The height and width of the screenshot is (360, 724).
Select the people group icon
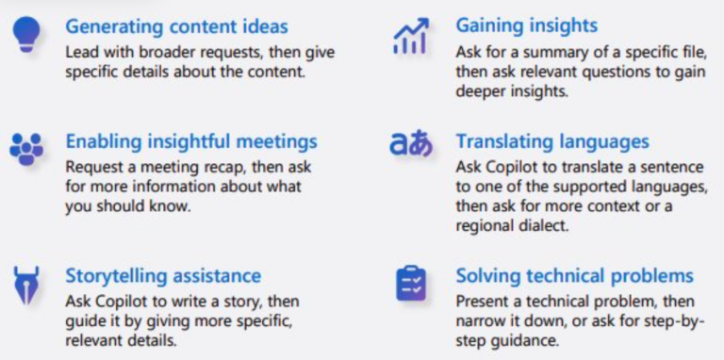click(26, 148)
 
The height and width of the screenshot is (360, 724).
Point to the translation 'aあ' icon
click(411, 144)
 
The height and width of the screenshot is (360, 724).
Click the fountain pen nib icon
click(25, 284)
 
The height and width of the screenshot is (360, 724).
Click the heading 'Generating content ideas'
click(176, 25)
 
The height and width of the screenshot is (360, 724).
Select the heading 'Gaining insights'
click(526, 25)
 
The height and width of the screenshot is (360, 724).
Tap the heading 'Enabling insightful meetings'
click(191, 141)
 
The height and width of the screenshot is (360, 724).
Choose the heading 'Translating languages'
click(552, 141)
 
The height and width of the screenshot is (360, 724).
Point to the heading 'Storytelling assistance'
click(163, 275)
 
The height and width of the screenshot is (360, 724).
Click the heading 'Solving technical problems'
click(574, 276)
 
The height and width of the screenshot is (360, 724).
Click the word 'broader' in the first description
click(166, 52)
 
